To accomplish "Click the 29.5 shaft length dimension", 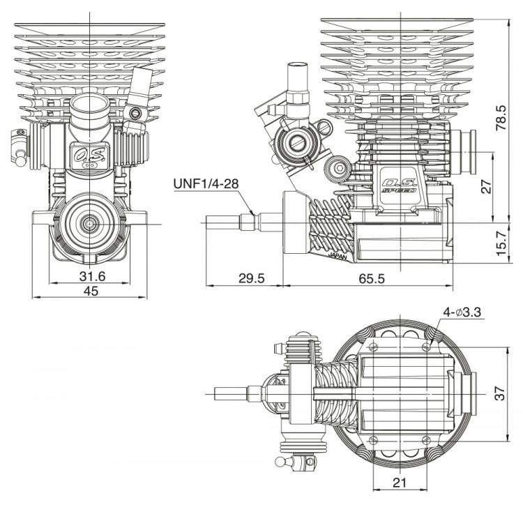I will pyautogui.click(x=252, y=278).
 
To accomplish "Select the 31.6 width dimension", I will pyautogui.click(x=91, y=276).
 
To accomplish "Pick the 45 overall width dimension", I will pyautogui.click(x=91, y=292).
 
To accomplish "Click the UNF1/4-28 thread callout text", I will pyautogui.click(x=206, y=184).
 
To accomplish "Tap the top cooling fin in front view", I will pyautogui.click(x=90, y=29).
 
